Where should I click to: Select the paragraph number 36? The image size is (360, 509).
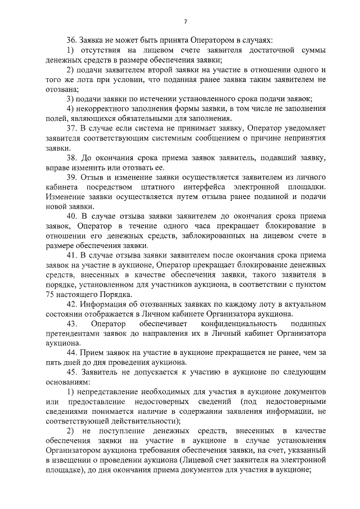coord(71,41)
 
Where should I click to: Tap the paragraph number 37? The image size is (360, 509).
coord(71,128)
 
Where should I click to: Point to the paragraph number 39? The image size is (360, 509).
coord(71,177)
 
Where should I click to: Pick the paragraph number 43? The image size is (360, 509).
coord(71,324)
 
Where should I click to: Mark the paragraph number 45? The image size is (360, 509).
coord(71,372)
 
